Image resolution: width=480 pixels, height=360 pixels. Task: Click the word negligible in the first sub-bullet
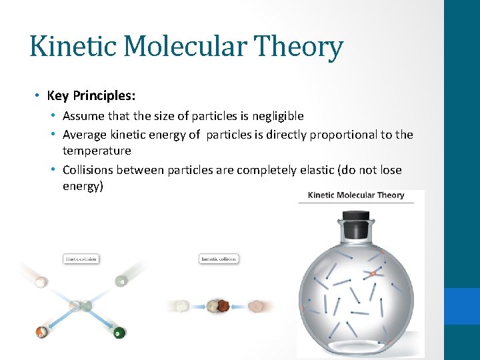tap(277, 116)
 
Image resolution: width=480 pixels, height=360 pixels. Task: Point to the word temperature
tap(97, 151)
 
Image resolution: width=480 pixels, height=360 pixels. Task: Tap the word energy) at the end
tap(83, 186)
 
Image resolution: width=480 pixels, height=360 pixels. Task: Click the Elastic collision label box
tap(81, 259)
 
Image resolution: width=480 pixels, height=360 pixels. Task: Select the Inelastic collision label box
tap(219, 259)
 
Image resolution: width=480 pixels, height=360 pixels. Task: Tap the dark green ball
tap(119, 332)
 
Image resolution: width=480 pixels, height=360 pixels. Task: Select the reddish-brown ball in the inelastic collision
tap(220, 307)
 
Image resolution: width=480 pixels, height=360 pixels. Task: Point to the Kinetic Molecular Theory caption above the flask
tap(356, 195)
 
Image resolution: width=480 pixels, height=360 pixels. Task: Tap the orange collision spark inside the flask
tap(374, 273)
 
